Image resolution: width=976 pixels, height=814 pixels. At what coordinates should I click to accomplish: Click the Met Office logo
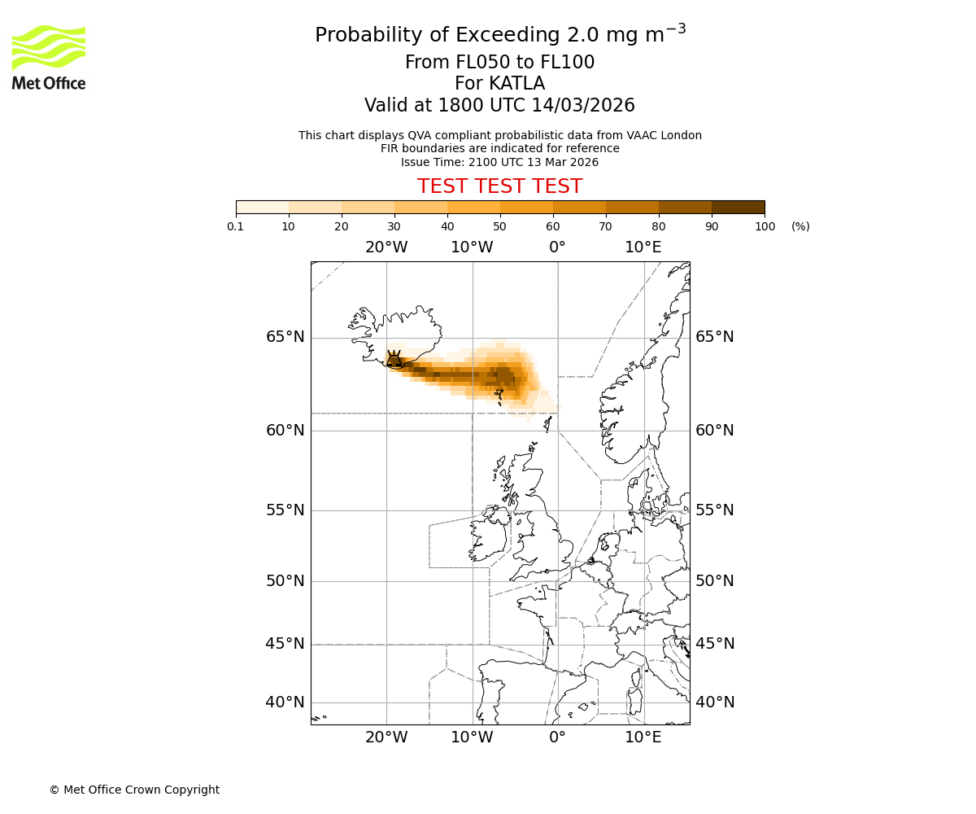(x=49, y=57)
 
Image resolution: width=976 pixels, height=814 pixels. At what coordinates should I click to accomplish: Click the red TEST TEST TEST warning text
(x=499, y=186)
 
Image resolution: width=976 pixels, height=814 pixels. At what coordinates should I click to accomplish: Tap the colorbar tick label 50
(x=499, y=226)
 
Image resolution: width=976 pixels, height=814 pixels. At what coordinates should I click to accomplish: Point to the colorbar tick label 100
(x=765, y=226)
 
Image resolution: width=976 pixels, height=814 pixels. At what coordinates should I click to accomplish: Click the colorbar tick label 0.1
(x=236, y=226)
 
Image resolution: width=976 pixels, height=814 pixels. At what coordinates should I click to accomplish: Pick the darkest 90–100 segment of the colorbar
(x=738, y=207)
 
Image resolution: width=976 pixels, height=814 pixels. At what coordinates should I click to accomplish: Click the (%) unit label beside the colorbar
(x=800, y=226)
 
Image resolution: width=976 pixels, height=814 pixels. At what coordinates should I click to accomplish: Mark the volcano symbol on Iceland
(x=394, y=360)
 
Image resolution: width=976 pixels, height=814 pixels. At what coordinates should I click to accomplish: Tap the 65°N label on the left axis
(x=285, y=337)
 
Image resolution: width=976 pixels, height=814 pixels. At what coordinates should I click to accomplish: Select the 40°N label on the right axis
(x=714, y=702)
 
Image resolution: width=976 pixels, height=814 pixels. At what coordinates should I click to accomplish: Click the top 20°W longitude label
(x=386, y=247)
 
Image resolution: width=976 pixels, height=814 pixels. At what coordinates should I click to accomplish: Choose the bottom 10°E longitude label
(x=643, y=737)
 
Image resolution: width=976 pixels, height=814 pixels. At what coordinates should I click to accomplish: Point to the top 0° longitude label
(x=557, y=247)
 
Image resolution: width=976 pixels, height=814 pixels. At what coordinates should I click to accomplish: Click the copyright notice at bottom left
(x=134, y=790)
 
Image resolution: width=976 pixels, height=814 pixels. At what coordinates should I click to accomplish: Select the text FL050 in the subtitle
(x=466, y=63)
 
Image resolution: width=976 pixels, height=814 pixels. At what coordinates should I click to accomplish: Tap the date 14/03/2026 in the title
(x=583, y=106)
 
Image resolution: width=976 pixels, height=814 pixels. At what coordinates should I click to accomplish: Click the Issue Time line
(x=499, y=162)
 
